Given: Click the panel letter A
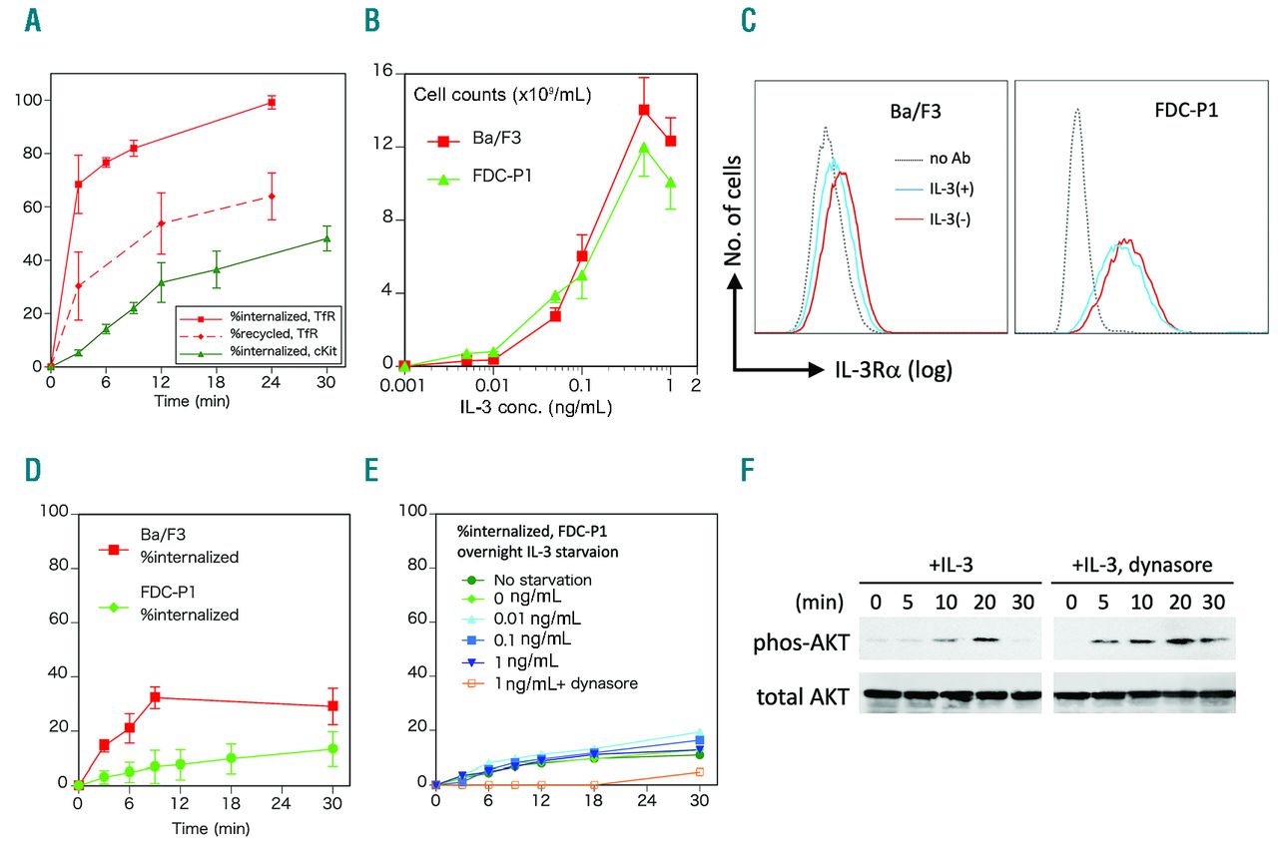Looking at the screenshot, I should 33,21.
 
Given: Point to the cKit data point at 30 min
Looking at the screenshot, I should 326,238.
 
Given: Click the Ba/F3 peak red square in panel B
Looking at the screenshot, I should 645,110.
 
